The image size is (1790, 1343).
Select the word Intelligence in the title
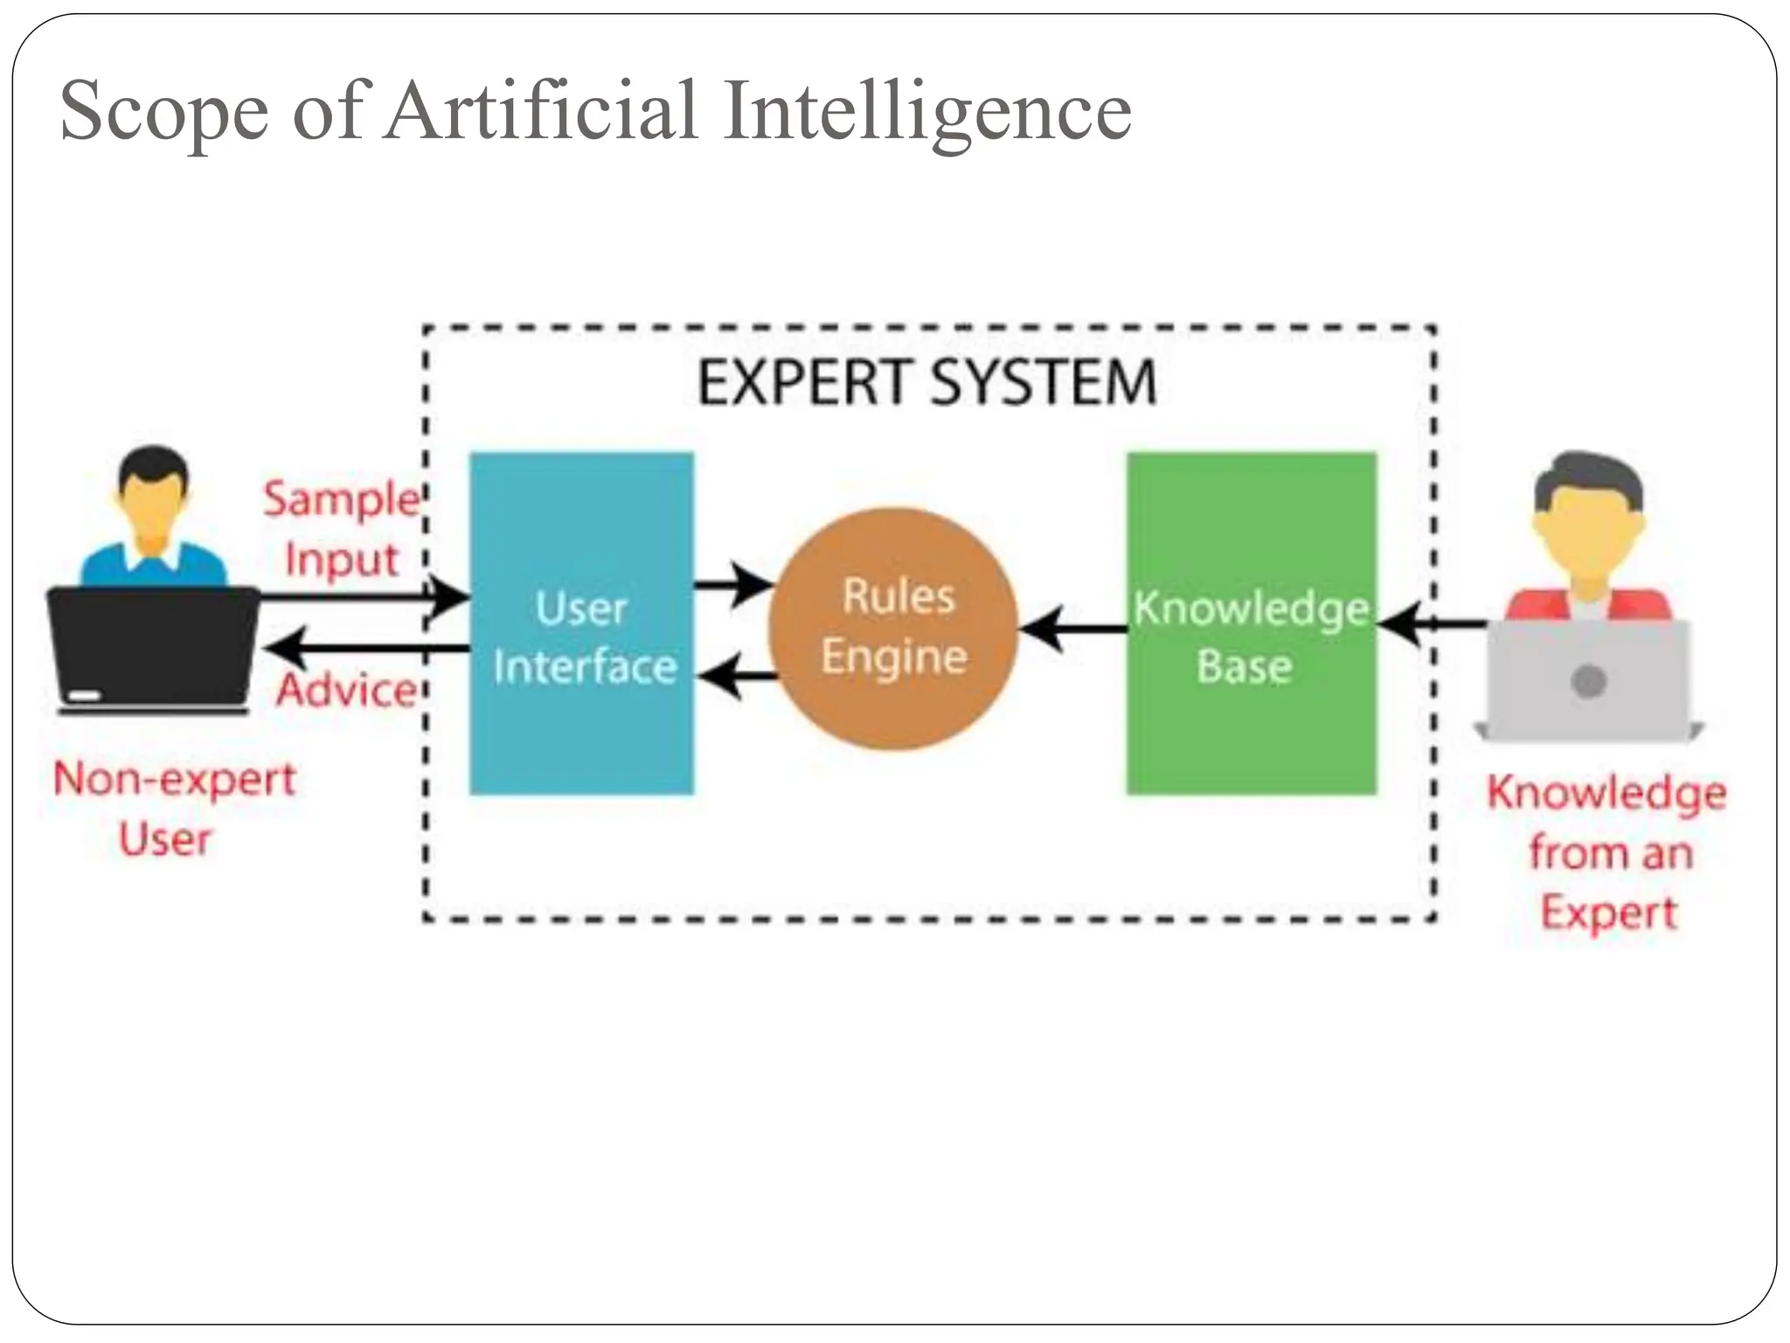926,112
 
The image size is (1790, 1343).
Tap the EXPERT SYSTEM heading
926,383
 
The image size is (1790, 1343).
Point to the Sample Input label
342,528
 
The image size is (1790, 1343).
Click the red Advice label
346,691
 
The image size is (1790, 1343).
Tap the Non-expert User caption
174,808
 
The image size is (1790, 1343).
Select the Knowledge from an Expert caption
1606,852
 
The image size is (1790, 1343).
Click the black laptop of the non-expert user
152,647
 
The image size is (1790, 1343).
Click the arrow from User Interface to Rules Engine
734,584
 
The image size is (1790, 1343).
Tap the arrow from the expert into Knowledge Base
1433,624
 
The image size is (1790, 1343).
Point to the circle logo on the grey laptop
1588,681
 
